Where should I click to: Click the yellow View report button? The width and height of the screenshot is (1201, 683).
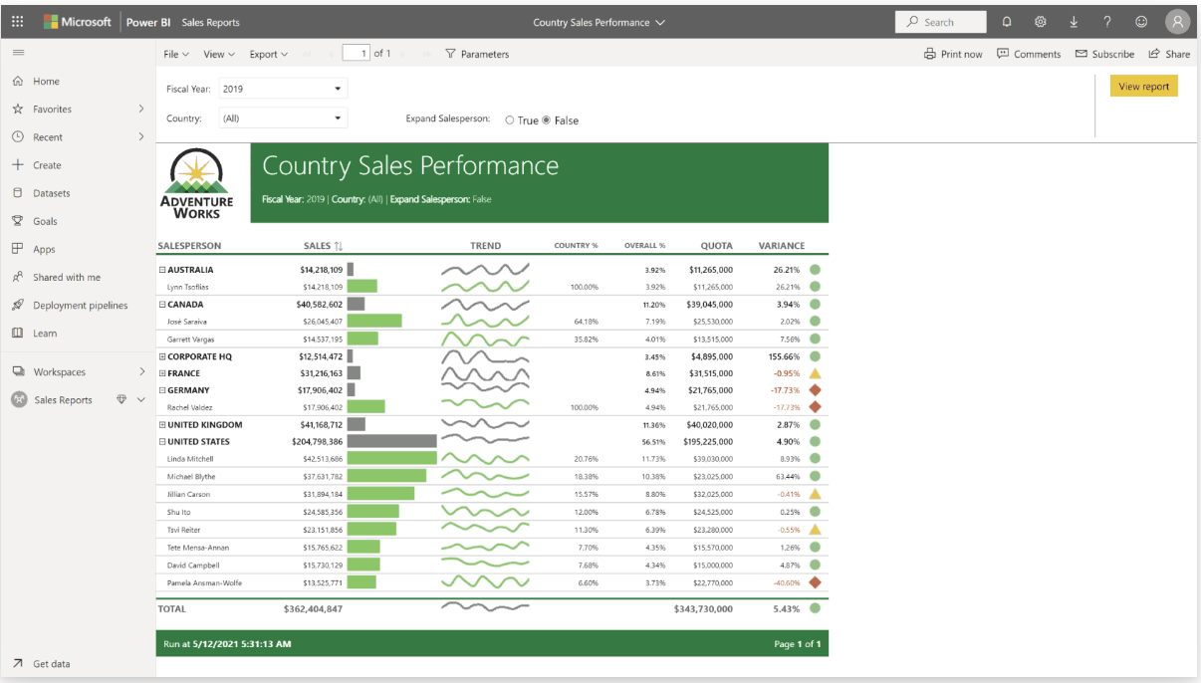tap(1143, 87)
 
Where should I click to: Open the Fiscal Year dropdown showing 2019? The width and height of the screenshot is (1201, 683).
tap(283, 89)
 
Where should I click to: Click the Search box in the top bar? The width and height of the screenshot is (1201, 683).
tap(940, 22)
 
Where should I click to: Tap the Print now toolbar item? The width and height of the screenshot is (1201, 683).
tap(953, 54)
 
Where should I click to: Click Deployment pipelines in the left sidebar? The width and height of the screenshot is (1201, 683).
tap(80, 306)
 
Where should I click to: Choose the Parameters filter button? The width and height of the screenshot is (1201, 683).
tap(477, 54)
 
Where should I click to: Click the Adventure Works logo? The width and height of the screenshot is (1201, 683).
tap(197, 183)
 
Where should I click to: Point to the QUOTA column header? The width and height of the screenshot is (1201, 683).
tap(716, 246)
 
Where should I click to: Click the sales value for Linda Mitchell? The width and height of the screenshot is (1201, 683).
tap(323, 459)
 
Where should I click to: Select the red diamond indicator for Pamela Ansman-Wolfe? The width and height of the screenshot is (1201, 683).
tap(815, 582)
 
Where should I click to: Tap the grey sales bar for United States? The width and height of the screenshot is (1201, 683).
tap(391, 441)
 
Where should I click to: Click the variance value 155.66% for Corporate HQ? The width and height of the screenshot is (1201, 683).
tap(779, 356)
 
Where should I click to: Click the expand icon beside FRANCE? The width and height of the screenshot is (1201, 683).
tap(162, 373)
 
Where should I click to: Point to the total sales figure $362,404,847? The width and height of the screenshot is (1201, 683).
tap(313, 608)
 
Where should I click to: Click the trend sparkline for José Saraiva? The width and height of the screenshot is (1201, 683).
tap(485, 322)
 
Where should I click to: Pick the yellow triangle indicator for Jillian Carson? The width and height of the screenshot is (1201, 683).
tap(815, 494)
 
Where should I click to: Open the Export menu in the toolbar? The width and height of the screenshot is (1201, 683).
tap(268, 54)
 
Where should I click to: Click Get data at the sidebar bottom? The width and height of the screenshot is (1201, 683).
tap(51, 664)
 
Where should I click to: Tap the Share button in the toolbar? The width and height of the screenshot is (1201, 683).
tap(1169, 54)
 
